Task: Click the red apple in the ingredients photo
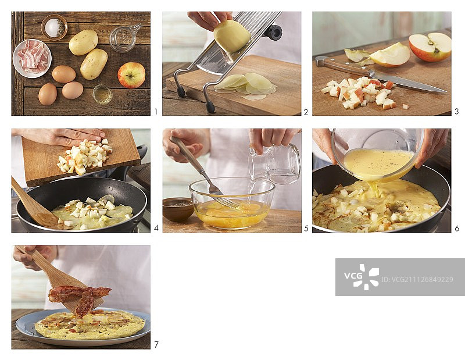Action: point(131,75)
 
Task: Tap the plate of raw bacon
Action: point(32,59)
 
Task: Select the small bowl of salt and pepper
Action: point(54,27)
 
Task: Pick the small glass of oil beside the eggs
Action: point(102,94)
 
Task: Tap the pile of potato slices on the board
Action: point(245,86)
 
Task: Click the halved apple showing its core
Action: point(430,47)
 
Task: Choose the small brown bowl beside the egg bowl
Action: point(178,209)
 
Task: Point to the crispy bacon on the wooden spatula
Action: point(79,298)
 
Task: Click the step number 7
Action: point(156,344)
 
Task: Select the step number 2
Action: point(306,112)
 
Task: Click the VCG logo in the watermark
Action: point(362,277)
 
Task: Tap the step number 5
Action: point(306,228)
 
